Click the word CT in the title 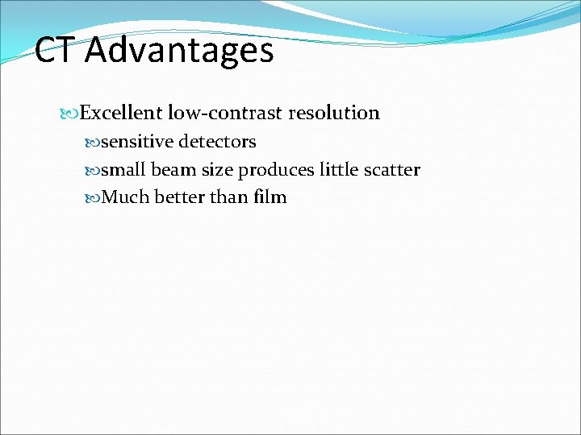[56, 51]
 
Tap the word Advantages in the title [179, 51]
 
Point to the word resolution [333, 113]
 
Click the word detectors [217, 142]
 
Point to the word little [341, 170]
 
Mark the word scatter [393, 170]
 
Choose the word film [270, 197]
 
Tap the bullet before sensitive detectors [92, 143]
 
